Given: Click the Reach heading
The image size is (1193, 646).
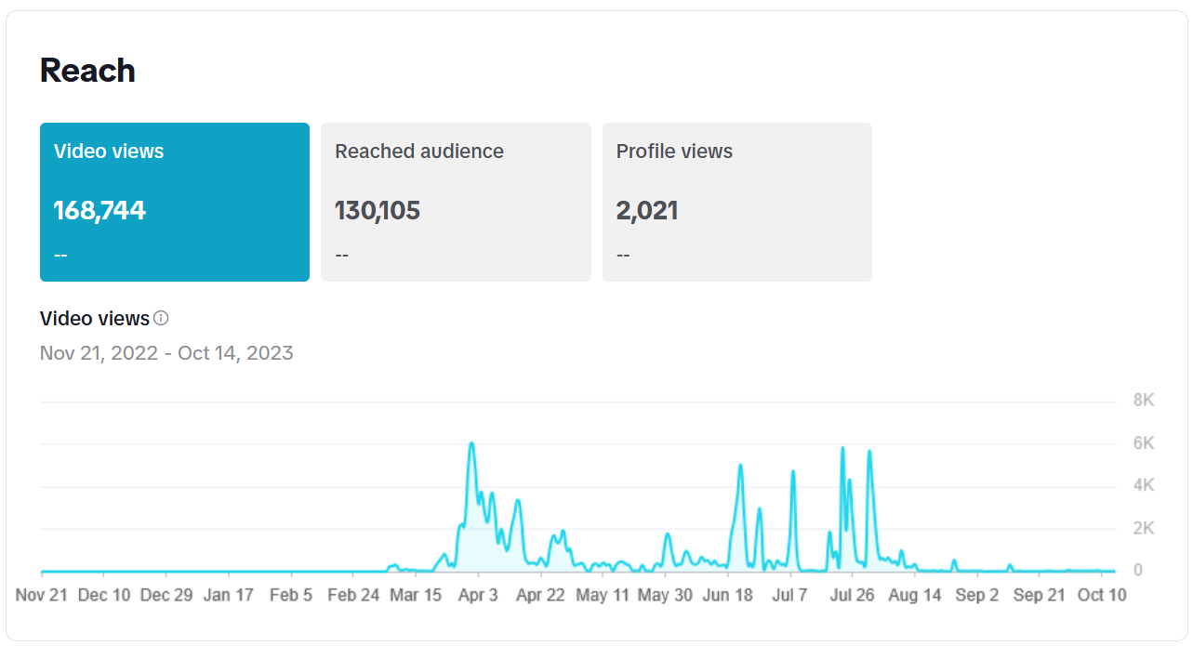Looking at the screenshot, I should [87, 71].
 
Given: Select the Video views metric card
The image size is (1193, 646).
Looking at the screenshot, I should [175, 202].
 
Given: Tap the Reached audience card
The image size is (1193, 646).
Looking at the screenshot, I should [456, 202].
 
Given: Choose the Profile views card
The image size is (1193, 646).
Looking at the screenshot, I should [736, 202].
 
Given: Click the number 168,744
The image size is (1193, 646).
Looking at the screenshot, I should [99, 210].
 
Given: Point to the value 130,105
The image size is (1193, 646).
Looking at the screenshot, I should [378, 210].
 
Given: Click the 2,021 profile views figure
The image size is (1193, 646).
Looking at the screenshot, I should [647, 210].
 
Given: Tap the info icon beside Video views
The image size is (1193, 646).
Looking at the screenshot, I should [161, 319].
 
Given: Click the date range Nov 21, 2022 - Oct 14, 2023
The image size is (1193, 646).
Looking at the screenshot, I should [166, 353].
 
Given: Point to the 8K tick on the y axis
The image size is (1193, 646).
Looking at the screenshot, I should [1144, 401].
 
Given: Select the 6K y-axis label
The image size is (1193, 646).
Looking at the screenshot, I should [1144, 443].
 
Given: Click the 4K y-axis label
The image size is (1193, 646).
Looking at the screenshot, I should [1144, 486].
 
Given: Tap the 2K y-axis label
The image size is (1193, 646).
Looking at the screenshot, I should [1144, 529].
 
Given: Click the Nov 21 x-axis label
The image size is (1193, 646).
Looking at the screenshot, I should [42, 595].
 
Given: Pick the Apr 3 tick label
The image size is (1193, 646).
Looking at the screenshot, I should [478, 595].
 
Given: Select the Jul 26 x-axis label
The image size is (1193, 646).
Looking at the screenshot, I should [852, 595].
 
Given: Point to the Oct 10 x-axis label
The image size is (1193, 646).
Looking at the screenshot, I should [1101, 595].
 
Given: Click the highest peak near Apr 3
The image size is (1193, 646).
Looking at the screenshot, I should [471, 443].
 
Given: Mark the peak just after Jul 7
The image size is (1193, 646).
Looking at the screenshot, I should [793, 471].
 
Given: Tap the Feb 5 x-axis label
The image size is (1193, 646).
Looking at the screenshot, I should [291, 595].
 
